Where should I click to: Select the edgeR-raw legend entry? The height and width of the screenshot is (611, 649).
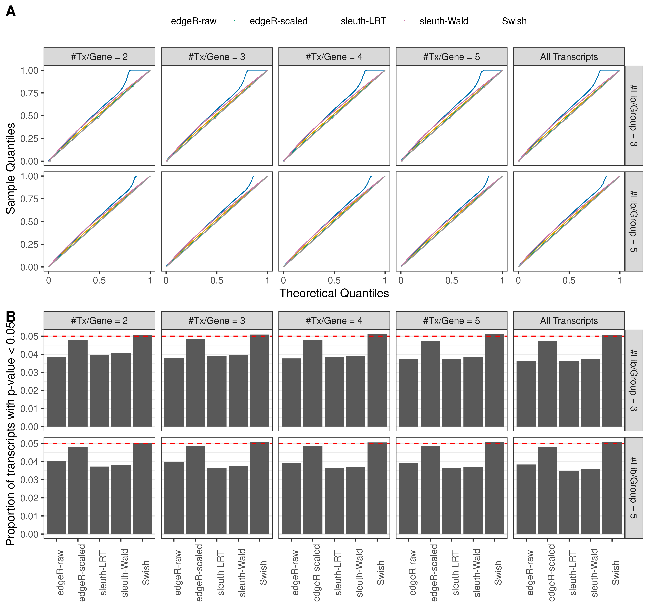coord(193,21)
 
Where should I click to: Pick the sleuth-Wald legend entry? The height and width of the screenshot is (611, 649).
coord(443,21)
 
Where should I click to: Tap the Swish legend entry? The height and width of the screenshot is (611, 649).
coord(514,21)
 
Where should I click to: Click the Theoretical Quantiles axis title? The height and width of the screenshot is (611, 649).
coord(334,293)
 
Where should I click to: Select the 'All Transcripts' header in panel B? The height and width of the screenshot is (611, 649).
coord(569,321)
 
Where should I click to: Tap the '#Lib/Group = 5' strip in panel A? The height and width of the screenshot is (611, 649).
coord(633,221)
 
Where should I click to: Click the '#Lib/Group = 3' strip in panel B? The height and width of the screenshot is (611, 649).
coord(633,380)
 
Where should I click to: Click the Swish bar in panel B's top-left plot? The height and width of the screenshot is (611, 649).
coord(142,381)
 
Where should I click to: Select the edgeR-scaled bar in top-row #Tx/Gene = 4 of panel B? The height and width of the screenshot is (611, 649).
coord(312,383)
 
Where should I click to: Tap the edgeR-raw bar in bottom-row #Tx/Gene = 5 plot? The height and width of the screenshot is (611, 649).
coord(408,498)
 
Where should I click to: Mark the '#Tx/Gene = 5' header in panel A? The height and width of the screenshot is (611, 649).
coord(451,57)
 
